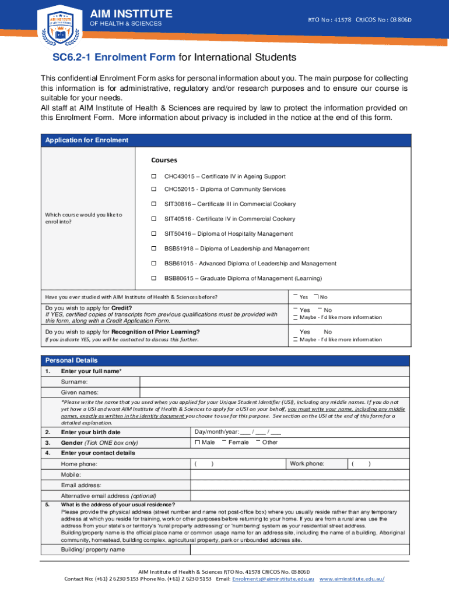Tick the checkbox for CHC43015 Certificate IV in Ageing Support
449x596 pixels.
(x=155, y=176)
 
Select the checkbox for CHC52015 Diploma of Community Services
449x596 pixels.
(x=155, y=189)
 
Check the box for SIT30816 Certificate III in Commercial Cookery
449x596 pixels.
(x=155, y=204)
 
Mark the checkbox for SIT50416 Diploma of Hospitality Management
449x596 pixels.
(x=155, y=233)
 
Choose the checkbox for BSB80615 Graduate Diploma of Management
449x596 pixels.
(x=155, y=278)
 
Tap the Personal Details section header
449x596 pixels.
(x=72, y=360)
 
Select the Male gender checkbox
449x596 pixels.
(x=197, y=443)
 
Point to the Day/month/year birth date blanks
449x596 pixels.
(x=237, y=432)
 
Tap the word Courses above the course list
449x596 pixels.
(x=164, y=160)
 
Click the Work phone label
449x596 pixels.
(x=307, y=464)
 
